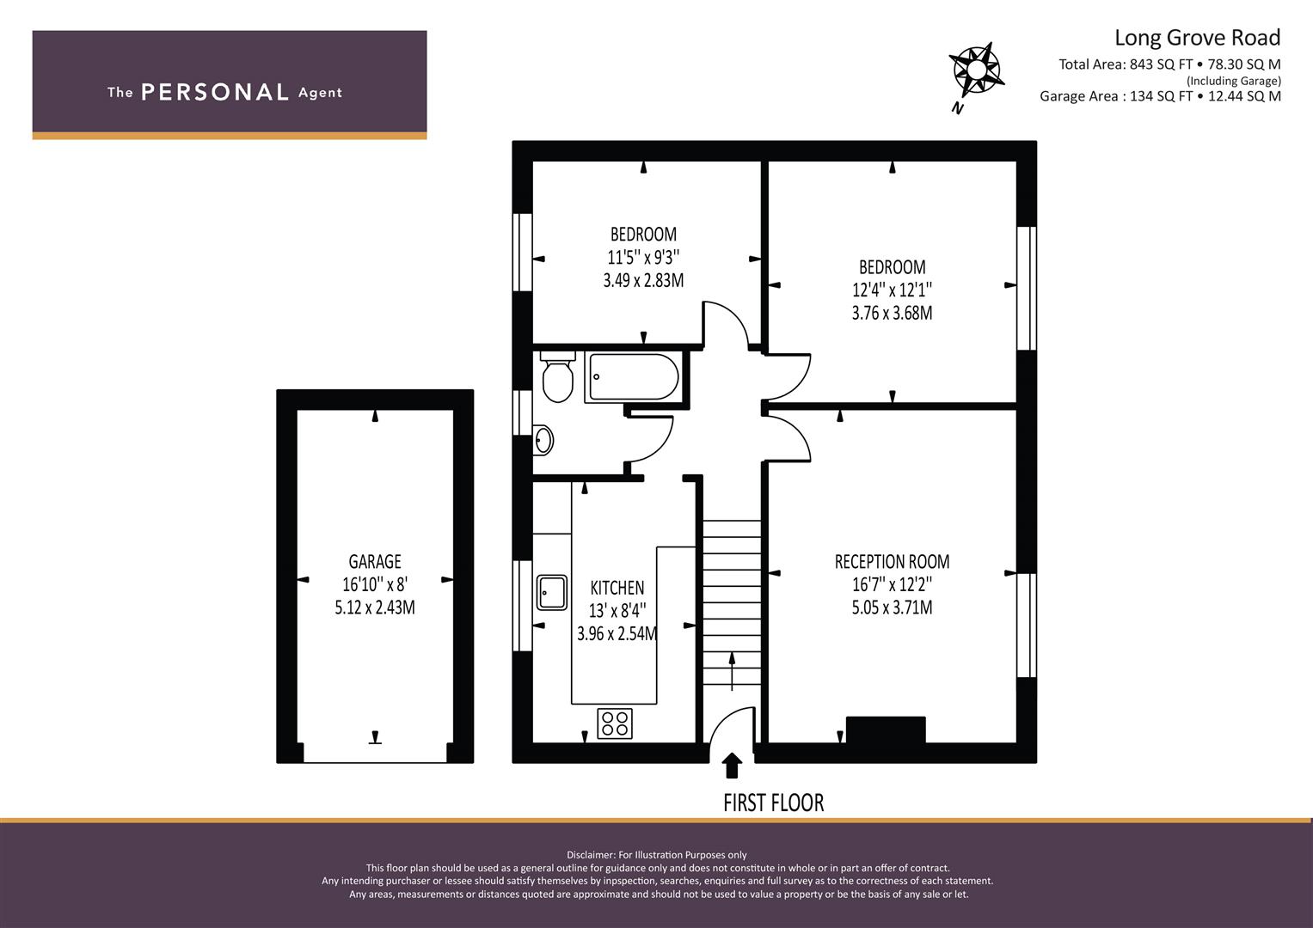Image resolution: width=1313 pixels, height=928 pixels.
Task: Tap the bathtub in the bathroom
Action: click(634, 376)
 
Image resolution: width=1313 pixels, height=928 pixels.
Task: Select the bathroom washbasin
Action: click(543, 440)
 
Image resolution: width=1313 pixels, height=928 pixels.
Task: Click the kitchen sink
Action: click(551, 592)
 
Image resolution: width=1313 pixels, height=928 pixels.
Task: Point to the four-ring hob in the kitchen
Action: click(615, 723)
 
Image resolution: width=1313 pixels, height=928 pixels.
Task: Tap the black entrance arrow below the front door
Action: click(732, 765)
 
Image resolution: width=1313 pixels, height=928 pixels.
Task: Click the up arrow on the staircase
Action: click(732, 671)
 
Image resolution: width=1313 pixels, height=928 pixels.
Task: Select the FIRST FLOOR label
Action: click(773, 803)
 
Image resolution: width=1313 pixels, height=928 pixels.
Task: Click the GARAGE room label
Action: click(375, 562)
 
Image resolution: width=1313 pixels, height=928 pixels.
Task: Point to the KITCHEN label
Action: click(617, 588)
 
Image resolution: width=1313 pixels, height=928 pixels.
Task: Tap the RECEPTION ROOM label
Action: click(893, 562)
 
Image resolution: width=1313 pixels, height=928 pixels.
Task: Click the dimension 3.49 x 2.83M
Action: click(644, 281)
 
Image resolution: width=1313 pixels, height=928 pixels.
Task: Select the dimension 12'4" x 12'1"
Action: click(893, 290)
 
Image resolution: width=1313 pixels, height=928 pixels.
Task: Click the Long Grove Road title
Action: click(1198, 38)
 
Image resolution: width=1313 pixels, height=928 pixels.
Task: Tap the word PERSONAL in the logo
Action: click(215, 92)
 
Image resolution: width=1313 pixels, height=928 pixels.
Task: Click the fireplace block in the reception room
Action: click(886, 730)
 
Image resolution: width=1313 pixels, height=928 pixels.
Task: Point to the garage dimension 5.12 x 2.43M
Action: click(375, 607)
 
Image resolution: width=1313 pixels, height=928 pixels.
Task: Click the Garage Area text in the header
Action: click(1160, 96)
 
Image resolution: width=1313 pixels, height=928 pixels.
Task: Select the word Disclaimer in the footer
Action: click(591, 855)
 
